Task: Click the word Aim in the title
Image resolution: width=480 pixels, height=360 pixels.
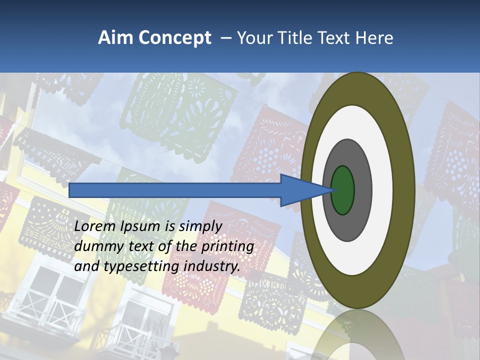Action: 115,38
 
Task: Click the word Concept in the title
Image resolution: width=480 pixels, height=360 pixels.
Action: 175,38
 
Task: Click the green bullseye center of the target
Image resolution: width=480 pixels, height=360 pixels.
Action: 343,190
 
